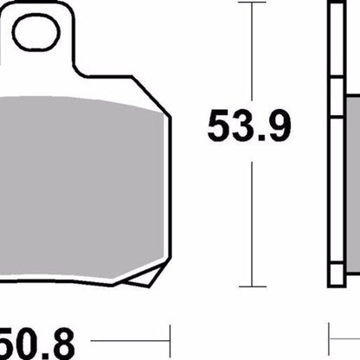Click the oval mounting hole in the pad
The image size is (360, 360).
coord(35,34)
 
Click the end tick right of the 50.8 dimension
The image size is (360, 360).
coord(170,332)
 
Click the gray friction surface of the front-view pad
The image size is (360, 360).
coord(78,173)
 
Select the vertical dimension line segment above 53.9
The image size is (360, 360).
coord(251,52)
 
